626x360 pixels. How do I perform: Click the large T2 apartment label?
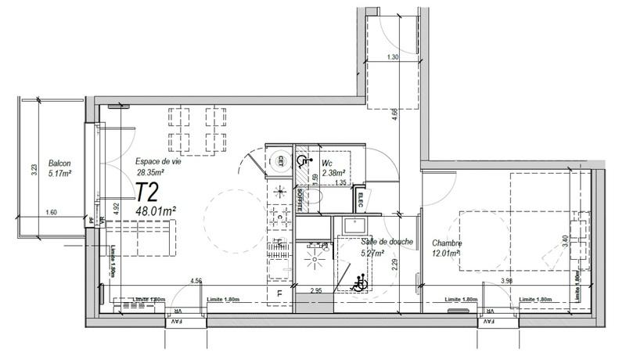(x=147, y=193)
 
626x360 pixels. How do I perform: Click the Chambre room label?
(x=446, y=243)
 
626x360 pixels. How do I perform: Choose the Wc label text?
(x=328, y=163)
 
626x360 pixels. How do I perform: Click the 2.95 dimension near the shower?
(x=317, y=290)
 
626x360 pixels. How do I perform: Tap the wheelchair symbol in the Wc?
(x=303, y=162)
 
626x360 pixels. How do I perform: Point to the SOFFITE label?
(x=300, y=199)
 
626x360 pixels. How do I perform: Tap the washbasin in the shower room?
(x=352, y=227)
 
